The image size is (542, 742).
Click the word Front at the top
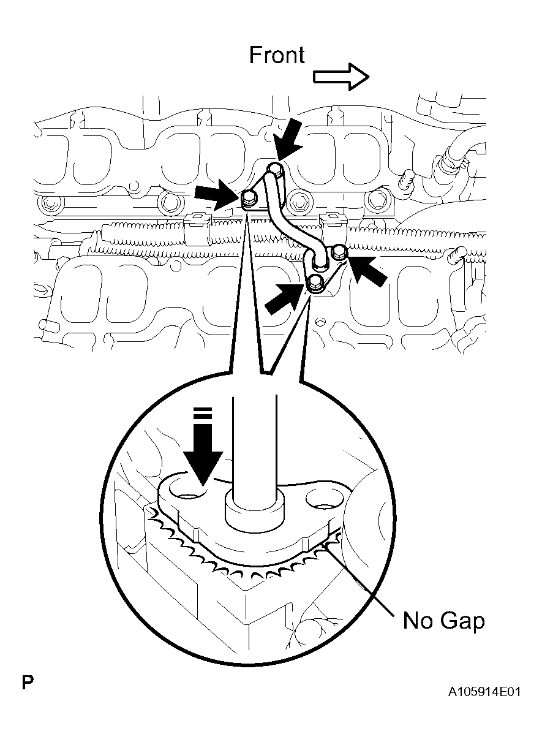tap(276, 55)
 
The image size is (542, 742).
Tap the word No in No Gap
tap(418, 621)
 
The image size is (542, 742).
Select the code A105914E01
tap(484, 692)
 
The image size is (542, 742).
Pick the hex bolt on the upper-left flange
tap(248, 197)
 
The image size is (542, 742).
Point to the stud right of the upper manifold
tap(405, 181)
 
